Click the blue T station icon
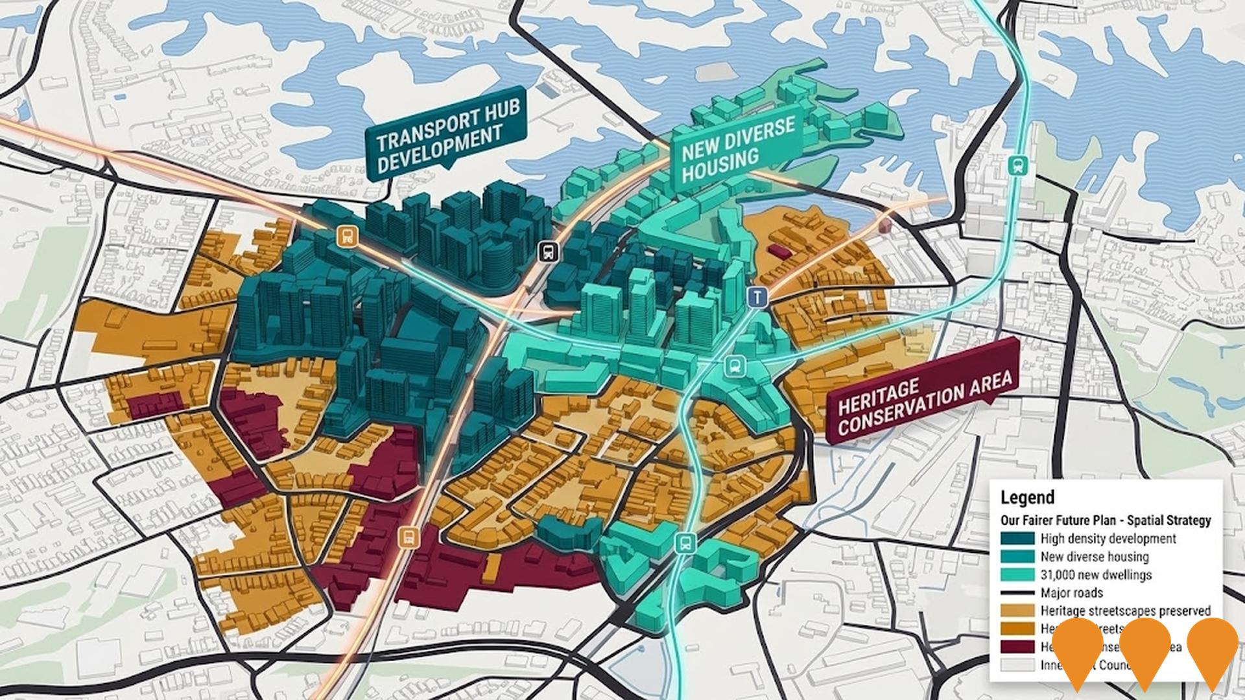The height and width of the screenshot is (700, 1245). point(757,297)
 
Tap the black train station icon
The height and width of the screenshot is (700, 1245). point(549,251)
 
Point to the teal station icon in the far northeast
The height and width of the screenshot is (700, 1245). point(1015,164)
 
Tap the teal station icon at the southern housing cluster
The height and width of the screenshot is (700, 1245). point(683,542)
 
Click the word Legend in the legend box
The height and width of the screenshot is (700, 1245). point(1027,498)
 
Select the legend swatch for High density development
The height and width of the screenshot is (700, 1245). point(1017,539)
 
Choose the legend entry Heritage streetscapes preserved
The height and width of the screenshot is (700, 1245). point(1125,611)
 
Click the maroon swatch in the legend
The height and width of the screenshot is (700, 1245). point(1017,647)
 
